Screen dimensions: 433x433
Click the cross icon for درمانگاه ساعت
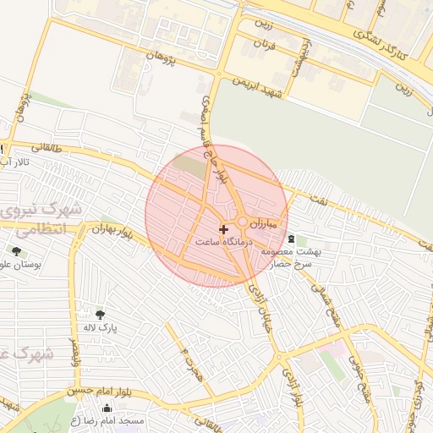223,229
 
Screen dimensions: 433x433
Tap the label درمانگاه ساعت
223,242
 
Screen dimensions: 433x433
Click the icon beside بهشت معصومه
292,239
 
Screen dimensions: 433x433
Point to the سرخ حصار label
292,264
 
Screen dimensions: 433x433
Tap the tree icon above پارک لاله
100,315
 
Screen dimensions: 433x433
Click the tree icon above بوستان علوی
16,251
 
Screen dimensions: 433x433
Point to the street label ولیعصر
74,348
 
